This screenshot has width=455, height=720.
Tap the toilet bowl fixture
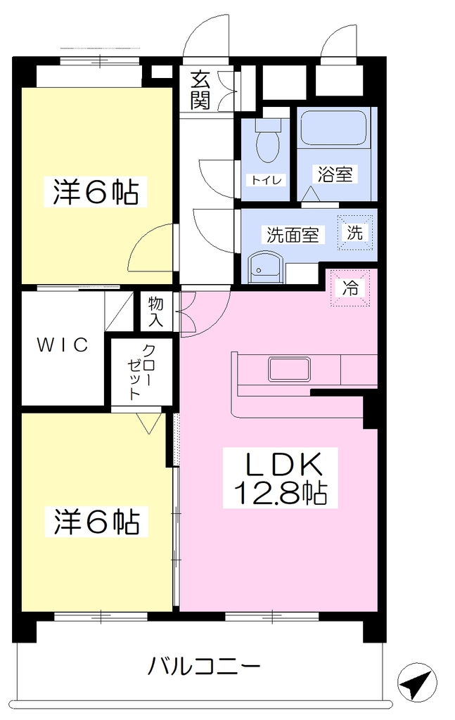pyautogui.click(x=268, y=140)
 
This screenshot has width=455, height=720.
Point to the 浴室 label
pyautogui.click(x=335, y=174)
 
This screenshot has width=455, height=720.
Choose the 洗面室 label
pyautogui.click(x=293, y=235)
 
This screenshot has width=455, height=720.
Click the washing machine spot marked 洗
pyautogui.click(x=355, y=233)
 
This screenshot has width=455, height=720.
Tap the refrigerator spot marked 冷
pyautogui.click(x=350, y=288)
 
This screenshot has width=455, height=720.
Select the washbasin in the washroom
pyautogui.click(x=264, y=268)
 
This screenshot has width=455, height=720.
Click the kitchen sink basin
pyautogui.click(x=289, y=369)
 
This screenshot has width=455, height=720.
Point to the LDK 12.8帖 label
pyautogui.click(x=280, y=478)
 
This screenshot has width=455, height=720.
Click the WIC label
pyautogui.click(x=63, y=345)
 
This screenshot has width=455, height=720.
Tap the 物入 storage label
pyautogui.click(x=155, y=311)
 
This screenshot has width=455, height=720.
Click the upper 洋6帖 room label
pyautogui.click(x=96, y=191)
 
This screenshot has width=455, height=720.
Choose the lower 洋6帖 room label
pyautogui.click(x=96, y=521)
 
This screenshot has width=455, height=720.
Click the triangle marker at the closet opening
pyautogui.click(x=149, y=423)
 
